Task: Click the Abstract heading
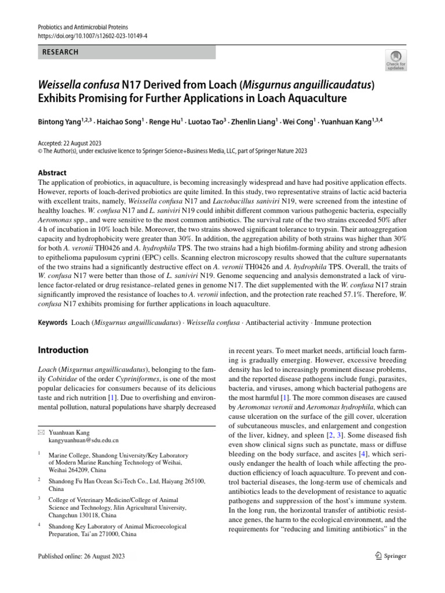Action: [52, 173]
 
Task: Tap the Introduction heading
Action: [63, 350]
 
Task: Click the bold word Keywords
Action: [52, 322]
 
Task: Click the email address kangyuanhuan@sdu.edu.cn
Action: [83, 441]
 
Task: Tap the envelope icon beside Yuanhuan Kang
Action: [41, 433]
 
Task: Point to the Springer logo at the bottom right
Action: [391, 556]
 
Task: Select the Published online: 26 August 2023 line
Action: [81, 557]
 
